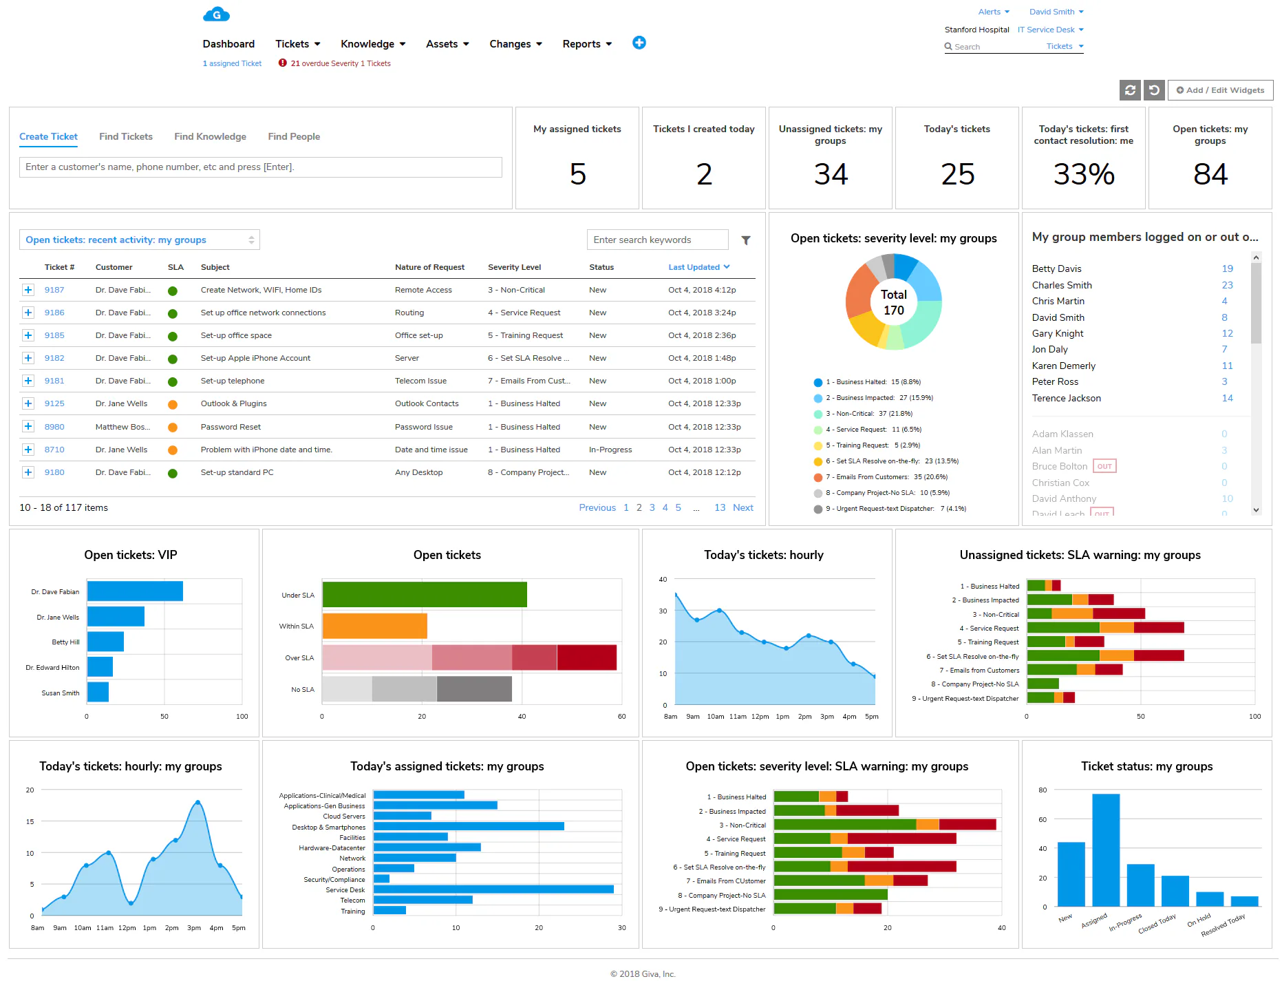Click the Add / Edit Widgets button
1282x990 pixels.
pos(1220,90)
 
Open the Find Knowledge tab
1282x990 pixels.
pos(210,136)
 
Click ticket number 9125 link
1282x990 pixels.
pos(54,403)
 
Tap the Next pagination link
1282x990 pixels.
pos(743,507)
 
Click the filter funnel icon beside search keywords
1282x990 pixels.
pos(745,240)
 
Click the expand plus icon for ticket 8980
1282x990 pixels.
pos(28,426)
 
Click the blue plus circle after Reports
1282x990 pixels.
pos(639,43)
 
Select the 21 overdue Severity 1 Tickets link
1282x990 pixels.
pos(340,63)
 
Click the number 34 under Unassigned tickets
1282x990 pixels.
pos(831,174)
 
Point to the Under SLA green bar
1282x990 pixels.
pos(425,594)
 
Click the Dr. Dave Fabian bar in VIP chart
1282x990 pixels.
pos(135,591)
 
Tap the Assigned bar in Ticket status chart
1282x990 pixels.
pos(1106,850)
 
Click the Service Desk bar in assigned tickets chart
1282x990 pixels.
pos(493,889)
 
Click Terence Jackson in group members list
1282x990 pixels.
pos(1066,398)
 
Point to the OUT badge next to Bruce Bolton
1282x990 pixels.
pos(1104,466)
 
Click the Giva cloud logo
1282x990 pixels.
pos(216,14)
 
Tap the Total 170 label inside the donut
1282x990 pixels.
pos(894,302)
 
